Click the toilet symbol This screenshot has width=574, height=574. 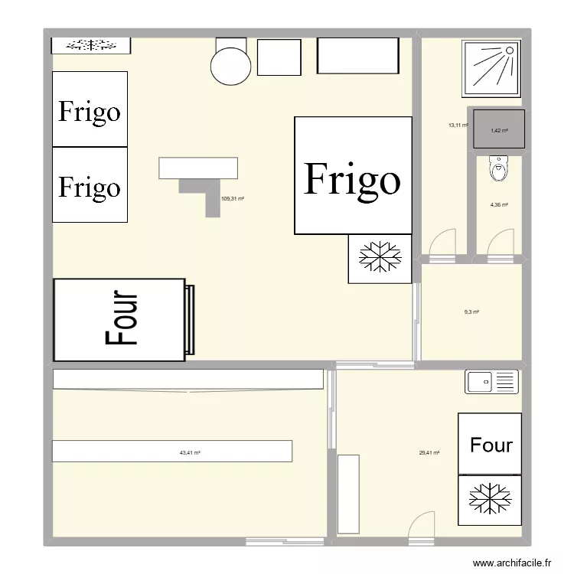tap(498, 168)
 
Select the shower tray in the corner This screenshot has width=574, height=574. tap(491, 68)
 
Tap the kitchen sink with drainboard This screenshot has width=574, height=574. tap(491, 382)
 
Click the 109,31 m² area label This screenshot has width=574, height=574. tap(233, 199)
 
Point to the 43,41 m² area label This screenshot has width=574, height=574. tap(190, 453)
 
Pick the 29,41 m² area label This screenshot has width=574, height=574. tap(429, 453)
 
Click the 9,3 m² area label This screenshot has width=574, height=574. tap(471, 312)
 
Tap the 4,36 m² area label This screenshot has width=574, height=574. tap(499, 205)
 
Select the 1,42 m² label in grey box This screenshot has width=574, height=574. tap(499, 130)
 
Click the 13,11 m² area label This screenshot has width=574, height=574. tap(458, 126)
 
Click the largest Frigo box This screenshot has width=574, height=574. tap(353, 175)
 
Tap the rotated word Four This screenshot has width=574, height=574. tap(121, 318)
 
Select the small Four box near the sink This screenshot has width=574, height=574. tap(490, 444)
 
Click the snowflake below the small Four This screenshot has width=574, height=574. tap(490, 498)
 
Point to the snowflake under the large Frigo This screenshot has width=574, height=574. tap(380, 256)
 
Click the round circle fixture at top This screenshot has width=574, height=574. tap(230, 67)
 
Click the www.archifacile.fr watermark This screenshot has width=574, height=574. tap(512, 563)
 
